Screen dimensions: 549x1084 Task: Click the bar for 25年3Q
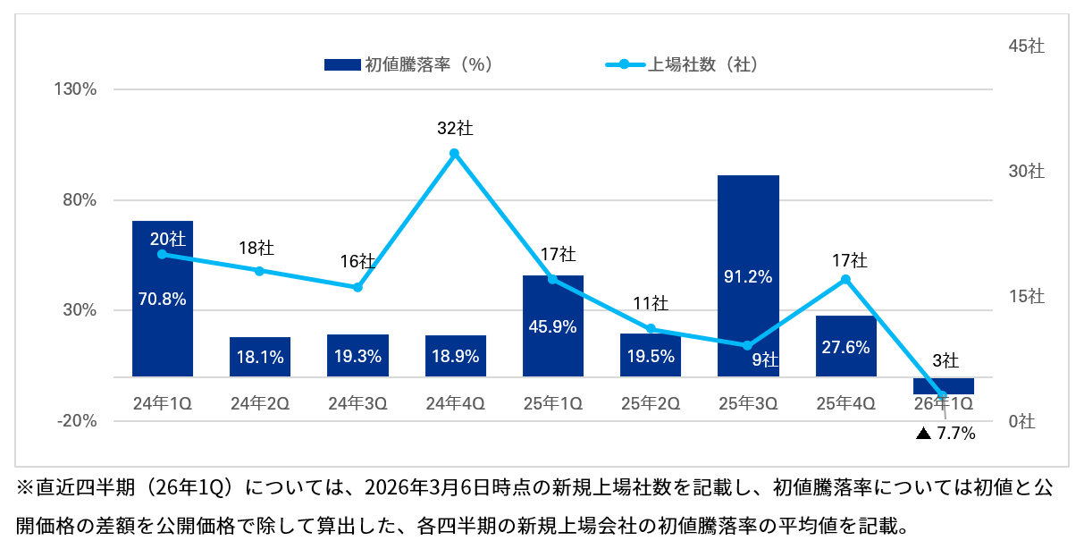(748, 275)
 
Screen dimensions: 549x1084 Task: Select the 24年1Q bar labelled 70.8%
(163, 299)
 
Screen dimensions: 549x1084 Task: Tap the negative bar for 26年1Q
(944, 385)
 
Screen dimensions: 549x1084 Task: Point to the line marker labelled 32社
(455, 154)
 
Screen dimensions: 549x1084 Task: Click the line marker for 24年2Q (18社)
(260, 271)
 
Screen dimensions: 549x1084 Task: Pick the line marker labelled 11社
(651, 328)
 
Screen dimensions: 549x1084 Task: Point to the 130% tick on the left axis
(77, 89)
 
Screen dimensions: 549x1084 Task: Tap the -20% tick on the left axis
(77, 421)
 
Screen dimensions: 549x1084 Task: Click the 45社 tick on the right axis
(1026, 46)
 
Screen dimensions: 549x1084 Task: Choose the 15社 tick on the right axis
(1026, 297)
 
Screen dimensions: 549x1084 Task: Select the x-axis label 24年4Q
(455, 403)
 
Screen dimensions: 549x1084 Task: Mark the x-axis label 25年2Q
(651, 403)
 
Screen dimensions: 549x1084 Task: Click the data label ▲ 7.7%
(945, 434)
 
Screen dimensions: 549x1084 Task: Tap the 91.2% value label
(748, 277)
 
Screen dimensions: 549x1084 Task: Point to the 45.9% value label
(552, 327)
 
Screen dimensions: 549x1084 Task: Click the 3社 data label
(945, 361)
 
